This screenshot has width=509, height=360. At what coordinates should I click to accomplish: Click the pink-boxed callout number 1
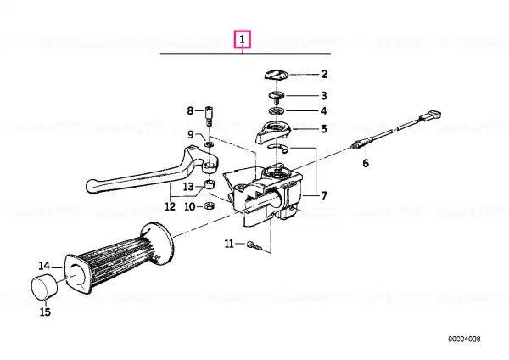coord(242,39)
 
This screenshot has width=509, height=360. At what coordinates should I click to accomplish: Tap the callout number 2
coord(324,74)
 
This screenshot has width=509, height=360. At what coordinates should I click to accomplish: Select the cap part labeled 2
coord(277,75)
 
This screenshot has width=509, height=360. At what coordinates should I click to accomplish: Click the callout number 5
coord(324,129)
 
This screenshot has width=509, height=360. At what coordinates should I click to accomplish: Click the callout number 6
coord(366,163)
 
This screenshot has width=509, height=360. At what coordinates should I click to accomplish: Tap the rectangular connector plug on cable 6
coord(430,116)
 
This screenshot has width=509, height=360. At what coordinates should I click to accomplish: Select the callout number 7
coord(324,195)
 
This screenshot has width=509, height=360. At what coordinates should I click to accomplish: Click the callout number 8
coord(190,110)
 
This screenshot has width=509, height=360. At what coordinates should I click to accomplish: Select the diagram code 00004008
coord(464,340)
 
